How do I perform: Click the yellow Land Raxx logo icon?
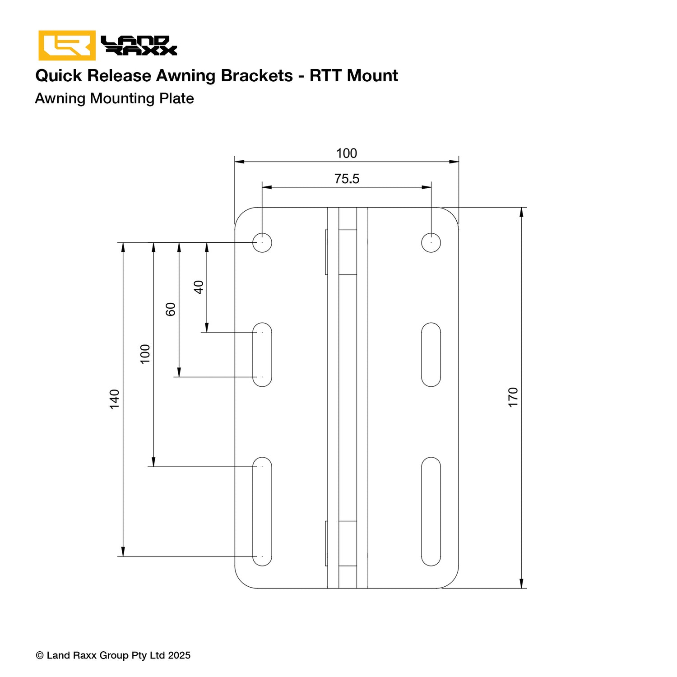click(x=67, y=45)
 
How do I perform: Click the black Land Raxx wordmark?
click(x=139, y=46)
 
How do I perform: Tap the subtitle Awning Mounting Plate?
click(x=114, y=98)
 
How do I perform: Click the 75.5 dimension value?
click(x=347, y=179)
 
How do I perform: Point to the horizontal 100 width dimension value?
click(x=347, y=153)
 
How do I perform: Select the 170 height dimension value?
click(x=513, y=397)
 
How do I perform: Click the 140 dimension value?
click(x=115, y=399)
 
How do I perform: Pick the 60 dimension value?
click(x=171, y=309)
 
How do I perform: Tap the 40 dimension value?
click(x=199, y=287)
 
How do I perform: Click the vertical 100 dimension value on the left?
click(x=145, y=354)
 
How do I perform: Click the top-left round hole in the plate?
click(x=262, y=242)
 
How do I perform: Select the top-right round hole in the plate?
click(x=431, y=242)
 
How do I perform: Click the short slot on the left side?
click(x=262, y=355)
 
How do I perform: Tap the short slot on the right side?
click(x=431, y=355)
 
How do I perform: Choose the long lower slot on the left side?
click(x=262, y=511)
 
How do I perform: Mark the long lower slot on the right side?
click(x=431, y=511)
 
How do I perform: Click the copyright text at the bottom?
click(x=113, y=655)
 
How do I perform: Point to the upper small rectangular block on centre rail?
click(x=347, y=252)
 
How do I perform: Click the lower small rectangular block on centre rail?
click(x=347, y=543)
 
